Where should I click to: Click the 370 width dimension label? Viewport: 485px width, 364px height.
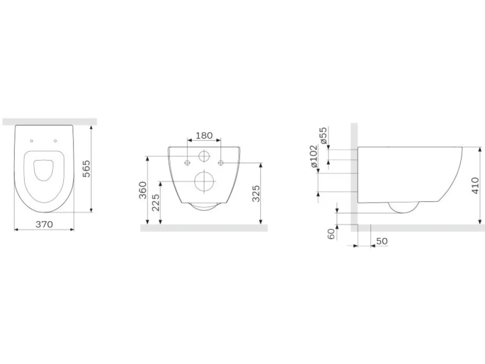pyautogui.click(x=44, y=224)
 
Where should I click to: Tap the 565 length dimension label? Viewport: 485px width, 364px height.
pyautogui.click(x=87, y=168)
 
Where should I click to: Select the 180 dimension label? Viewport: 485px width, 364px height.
pyautogui.click(x=204, y=135)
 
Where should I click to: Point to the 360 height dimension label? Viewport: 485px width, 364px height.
pyautogui.click(x=142, y=190)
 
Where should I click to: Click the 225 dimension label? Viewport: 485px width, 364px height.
pyautogui.click(x=155, y=202)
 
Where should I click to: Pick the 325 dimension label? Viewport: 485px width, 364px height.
pyautogui.click(x=256, y=193)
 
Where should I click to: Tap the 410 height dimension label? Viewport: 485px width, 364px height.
pyautogui.click(x=475, y=185)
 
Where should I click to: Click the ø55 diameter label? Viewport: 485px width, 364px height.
pyautogui.click(x=323, y=135)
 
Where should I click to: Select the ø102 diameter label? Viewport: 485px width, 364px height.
pyautogui.click(x=313, y=156)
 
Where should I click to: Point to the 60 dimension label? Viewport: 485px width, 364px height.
pyautogui.click(x=331, y=233)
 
